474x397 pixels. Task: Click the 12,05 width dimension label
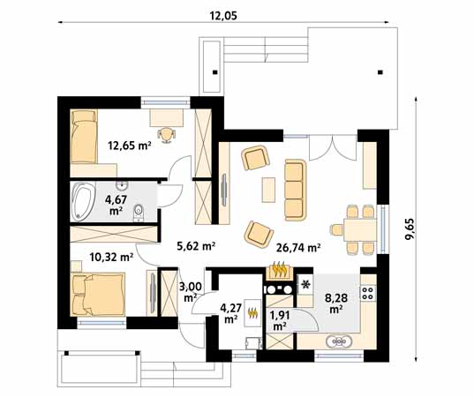tap(223, 15)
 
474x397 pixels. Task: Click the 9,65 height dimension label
tap(410, 228)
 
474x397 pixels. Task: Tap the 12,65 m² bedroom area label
tap(130, 146)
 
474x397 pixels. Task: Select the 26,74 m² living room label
tap(298, 248)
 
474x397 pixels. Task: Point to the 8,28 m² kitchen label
tap(335, 303)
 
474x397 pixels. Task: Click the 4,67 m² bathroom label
tap(116, 205)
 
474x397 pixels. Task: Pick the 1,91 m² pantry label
tap(280, 320)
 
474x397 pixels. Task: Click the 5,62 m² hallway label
tap(196, 246)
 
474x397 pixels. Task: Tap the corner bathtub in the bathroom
tap(83, 200)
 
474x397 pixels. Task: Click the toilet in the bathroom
tap(139, 212)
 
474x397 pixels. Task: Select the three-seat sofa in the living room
tap(295, 190)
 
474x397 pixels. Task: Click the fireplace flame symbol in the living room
tap(279, 269)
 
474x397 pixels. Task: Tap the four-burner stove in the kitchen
tap(368, 293)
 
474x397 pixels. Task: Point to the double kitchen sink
tap(339, 342)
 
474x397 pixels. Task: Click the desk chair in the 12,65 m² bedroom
tap(166, 134)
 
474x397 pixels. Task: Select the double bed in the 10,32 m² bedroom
tap(98, 295)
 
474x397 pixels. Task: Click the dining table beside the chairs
tap(360, 229)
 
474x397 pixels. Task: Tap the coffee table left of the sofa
tap(268, 190)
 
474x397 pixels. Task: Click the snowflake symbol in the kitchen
tap(306, 284)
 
